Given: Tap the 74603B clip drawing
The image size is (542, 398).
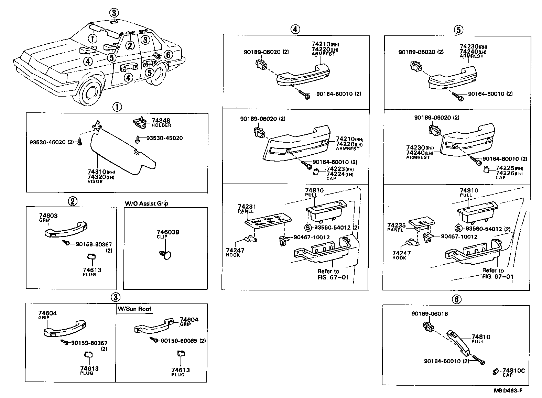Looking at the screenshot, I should (x=166, y=255).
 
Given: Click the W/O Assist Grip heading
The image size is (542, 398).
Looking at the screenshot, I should (x=146, y=203).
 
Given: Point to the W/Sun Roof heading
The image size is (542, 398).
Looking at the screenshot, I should (x=134, y=309).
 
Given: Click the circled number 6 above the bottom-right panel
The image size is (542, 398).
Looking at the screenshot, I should (x=456, y=299).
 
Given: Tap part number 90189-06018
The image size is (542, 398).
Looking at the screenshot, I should (x=429, y=314).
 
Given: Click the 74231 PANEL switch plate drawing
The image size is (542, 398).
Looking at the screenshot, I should (x=268, y=222).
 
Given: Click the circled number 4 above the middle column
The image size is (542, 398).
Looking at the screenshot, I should (x=295, y=30).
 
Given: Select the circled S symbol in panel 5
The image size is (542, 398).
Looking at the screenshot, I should (x=458, y=229).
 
